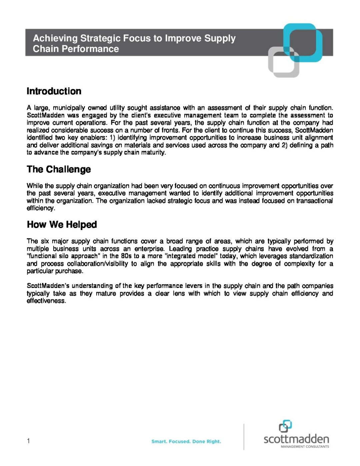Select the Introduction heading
point(54,91)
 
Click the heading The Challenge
point(59,169)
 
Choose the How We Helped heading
point(62,225)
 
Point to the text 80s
point(126,256)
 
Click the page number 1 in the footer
point(28,441)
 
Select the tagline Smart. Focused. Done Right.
point(186,441)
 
